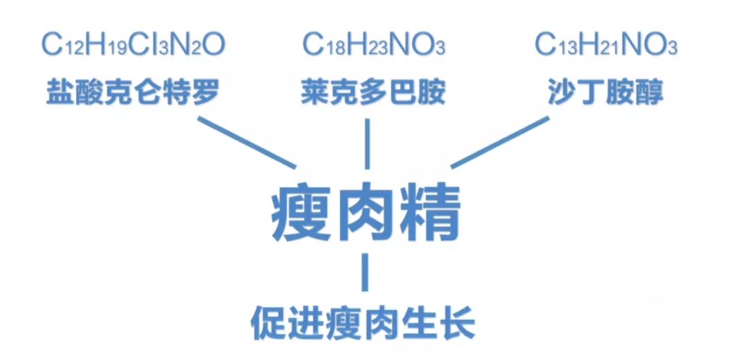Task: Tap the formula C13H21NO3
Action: pos(606,46)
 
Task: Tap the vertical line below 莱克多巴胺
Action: pos(367,144)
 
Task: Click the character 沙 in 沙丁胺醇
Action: pos(562,92)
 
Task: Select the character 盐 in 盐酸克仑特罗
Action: pos(60,92)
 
